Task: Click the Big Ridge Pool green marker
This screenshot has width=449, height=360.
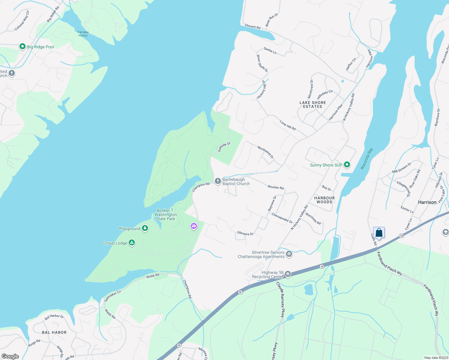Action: (x=22, y=46)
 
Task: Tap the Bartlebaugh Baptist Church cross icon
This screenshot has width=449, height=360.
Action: (x=218, y=181)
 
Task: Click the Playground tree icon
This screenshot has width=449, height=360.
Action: (x=145, y=228)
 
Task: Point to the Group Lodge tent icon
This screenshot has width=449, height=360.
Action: (x=131, y=243)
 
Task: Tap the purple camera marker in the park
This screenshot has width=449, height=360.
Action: (x=194, y=226)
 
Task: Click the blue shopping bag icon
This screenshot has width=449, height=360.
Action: (x=379, y=233)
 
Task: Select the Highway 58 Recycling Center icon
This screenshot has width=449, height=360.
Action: (x=288, y=274)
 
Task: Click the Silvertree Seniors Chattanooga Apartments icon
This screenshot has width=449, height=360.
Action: (x=289, y=254)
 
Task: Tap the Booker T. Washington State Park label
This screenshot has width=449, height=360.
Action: (x=166, y=214)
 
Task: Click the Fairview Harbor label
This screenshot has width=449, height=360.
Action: (x=83, y=34)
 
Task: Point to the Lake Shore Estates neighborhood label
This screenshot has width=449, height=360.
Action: (x=313, y=104)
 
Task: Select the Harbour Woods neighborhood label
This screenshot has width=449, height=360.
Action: (x=324, y=200)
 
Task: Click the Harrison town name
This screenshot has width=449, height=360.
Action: (x=427, y=202)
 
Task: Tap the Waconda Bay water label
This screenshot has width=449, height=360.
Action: (x=366, y=159)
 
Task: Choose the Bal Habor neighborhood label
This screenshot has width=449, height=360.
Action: (x=54, y=332)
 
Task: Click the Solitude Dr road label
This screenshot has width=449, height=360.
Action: (x=224, y=147)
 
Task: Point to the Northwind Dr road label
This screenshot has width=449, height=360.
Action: (x=266, y=152)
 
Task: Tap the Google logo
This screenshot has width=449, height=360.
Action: (x=10, y=356)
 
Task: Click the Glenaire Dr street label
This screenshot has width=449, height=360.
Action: (x=245, y=233)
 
